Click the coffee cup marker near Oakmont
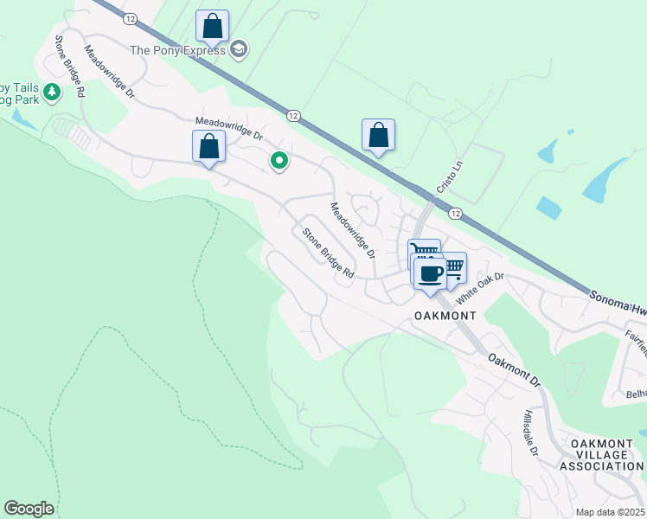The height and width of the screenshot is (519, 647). pos(430,275)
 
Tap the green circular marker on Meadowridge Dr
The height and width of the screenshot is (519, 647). pos(279,161)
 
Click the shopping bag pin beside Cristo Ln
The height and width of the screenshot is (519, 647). pos(378,136)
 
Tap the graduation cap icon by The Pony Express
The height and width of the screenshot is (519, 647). pos(240,50)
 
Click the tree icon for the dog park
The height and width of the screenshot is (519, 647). pos(51,91)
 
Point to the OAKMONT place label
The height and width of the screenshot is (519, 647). pos(446,316)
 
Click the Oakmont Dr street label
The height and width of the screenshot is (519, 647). pos(513,369)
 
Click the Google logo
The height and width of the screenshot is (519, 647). pos(29,509)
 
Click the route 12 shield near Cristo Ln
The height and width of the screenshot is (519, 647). pos(456,214)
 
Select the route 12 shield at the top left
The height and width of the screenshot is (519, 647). pos(130,18)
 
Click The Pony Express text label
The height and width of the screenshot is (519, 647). pos(179,50)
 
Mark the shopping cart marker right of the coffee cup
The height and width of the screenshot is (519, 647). pos(452,267)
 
